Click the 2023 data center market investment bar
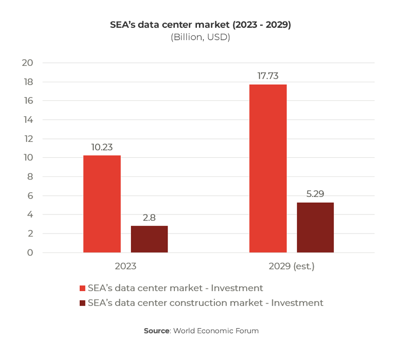pos(102,204)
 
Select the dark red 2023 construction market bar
pos(149,239)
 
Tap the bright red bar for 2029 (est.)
pos(268,168)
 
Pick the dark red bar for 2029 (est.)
pos(315,227)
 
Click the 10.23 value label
pos(102,147)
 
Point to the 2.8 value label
pos(149,218)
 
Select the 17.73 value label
pos(268,76)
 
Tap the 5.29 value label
pos(315,194)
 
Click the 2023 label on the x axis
pos(125,266)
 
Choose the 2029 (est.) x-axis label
pos(291,266)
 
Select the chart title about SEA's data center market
pos(200,25)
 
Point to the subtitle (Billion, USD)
pos(200,38)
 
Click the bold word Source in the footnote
pos(156,331)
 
